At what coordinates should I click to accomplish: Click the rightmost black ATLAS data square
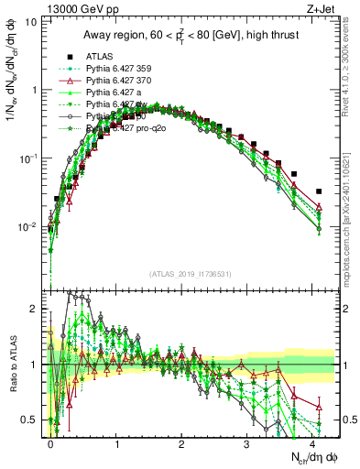click(319, 191)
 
